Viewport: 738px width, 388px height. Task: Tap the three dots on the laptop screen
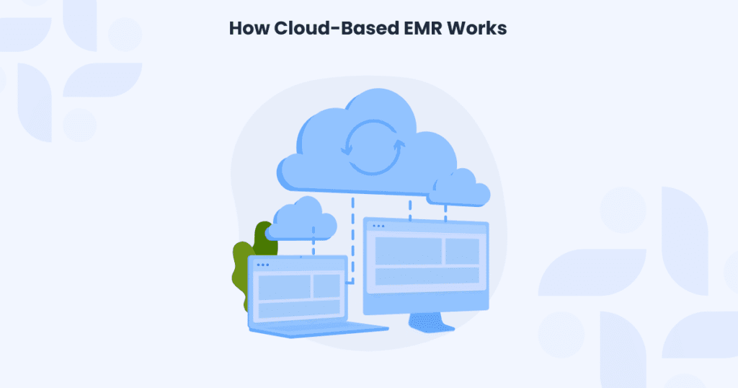coord(263,265)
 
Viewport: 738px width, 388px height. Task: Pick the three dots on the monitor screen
coord(378,226)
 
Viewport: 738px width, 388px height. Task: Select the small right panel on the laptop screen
coord(326,286)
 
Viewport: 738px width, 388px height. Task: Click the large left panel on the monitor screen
coord(404,250)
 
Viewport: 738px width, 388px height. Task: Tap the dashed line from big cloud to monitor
coord(410,205)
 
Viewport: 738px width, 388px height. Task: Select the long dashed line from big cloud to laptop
coord(352,238)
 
